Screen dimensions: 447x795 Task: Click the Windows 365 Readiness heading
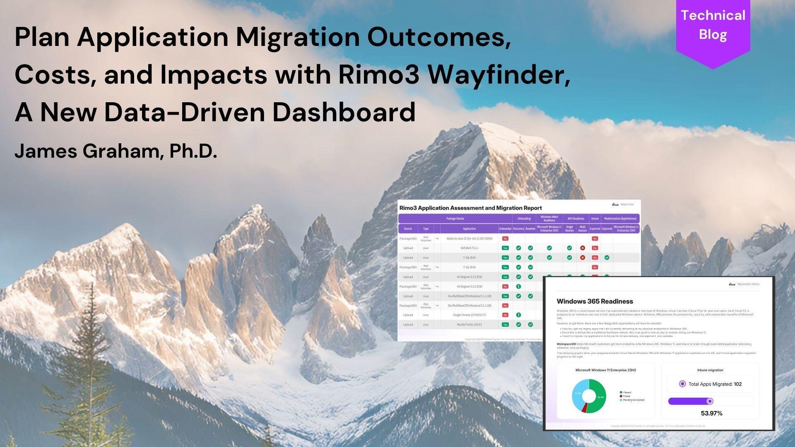pyautogui.click(x=595, y=301)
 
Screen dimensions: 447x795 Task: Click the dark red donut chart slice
pyautogui.click(x=584, y=408)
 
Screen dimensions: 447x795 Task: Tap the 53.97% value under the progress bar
pyautogui.click(x=711, y=413)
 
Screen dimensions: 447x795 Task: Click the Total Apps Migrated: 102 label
pyautogui.click(x=715, y=384)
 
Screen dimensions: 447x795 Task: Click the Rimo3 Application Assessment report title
pyautogui.click(x=470, y=208)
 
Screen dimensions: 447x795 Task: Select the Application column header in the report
pyautogui.click(x=469, y=228)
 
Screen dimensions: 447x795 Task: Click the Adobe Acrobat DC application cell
pyautogui.click(x=469, y=238)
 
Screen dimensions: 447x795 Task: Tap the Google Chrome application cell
pyautogui.click(x=469, y=315)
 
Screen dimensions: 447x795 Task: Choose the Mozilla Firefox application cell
pyautogui.click(x=469, y=324)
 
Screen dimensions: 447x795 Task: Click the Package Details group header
pyautogui.click(x=455, y=219)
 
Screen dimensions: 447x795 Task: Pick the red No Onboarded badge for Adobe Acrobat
pyautogui.click(x=505, y=238)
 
